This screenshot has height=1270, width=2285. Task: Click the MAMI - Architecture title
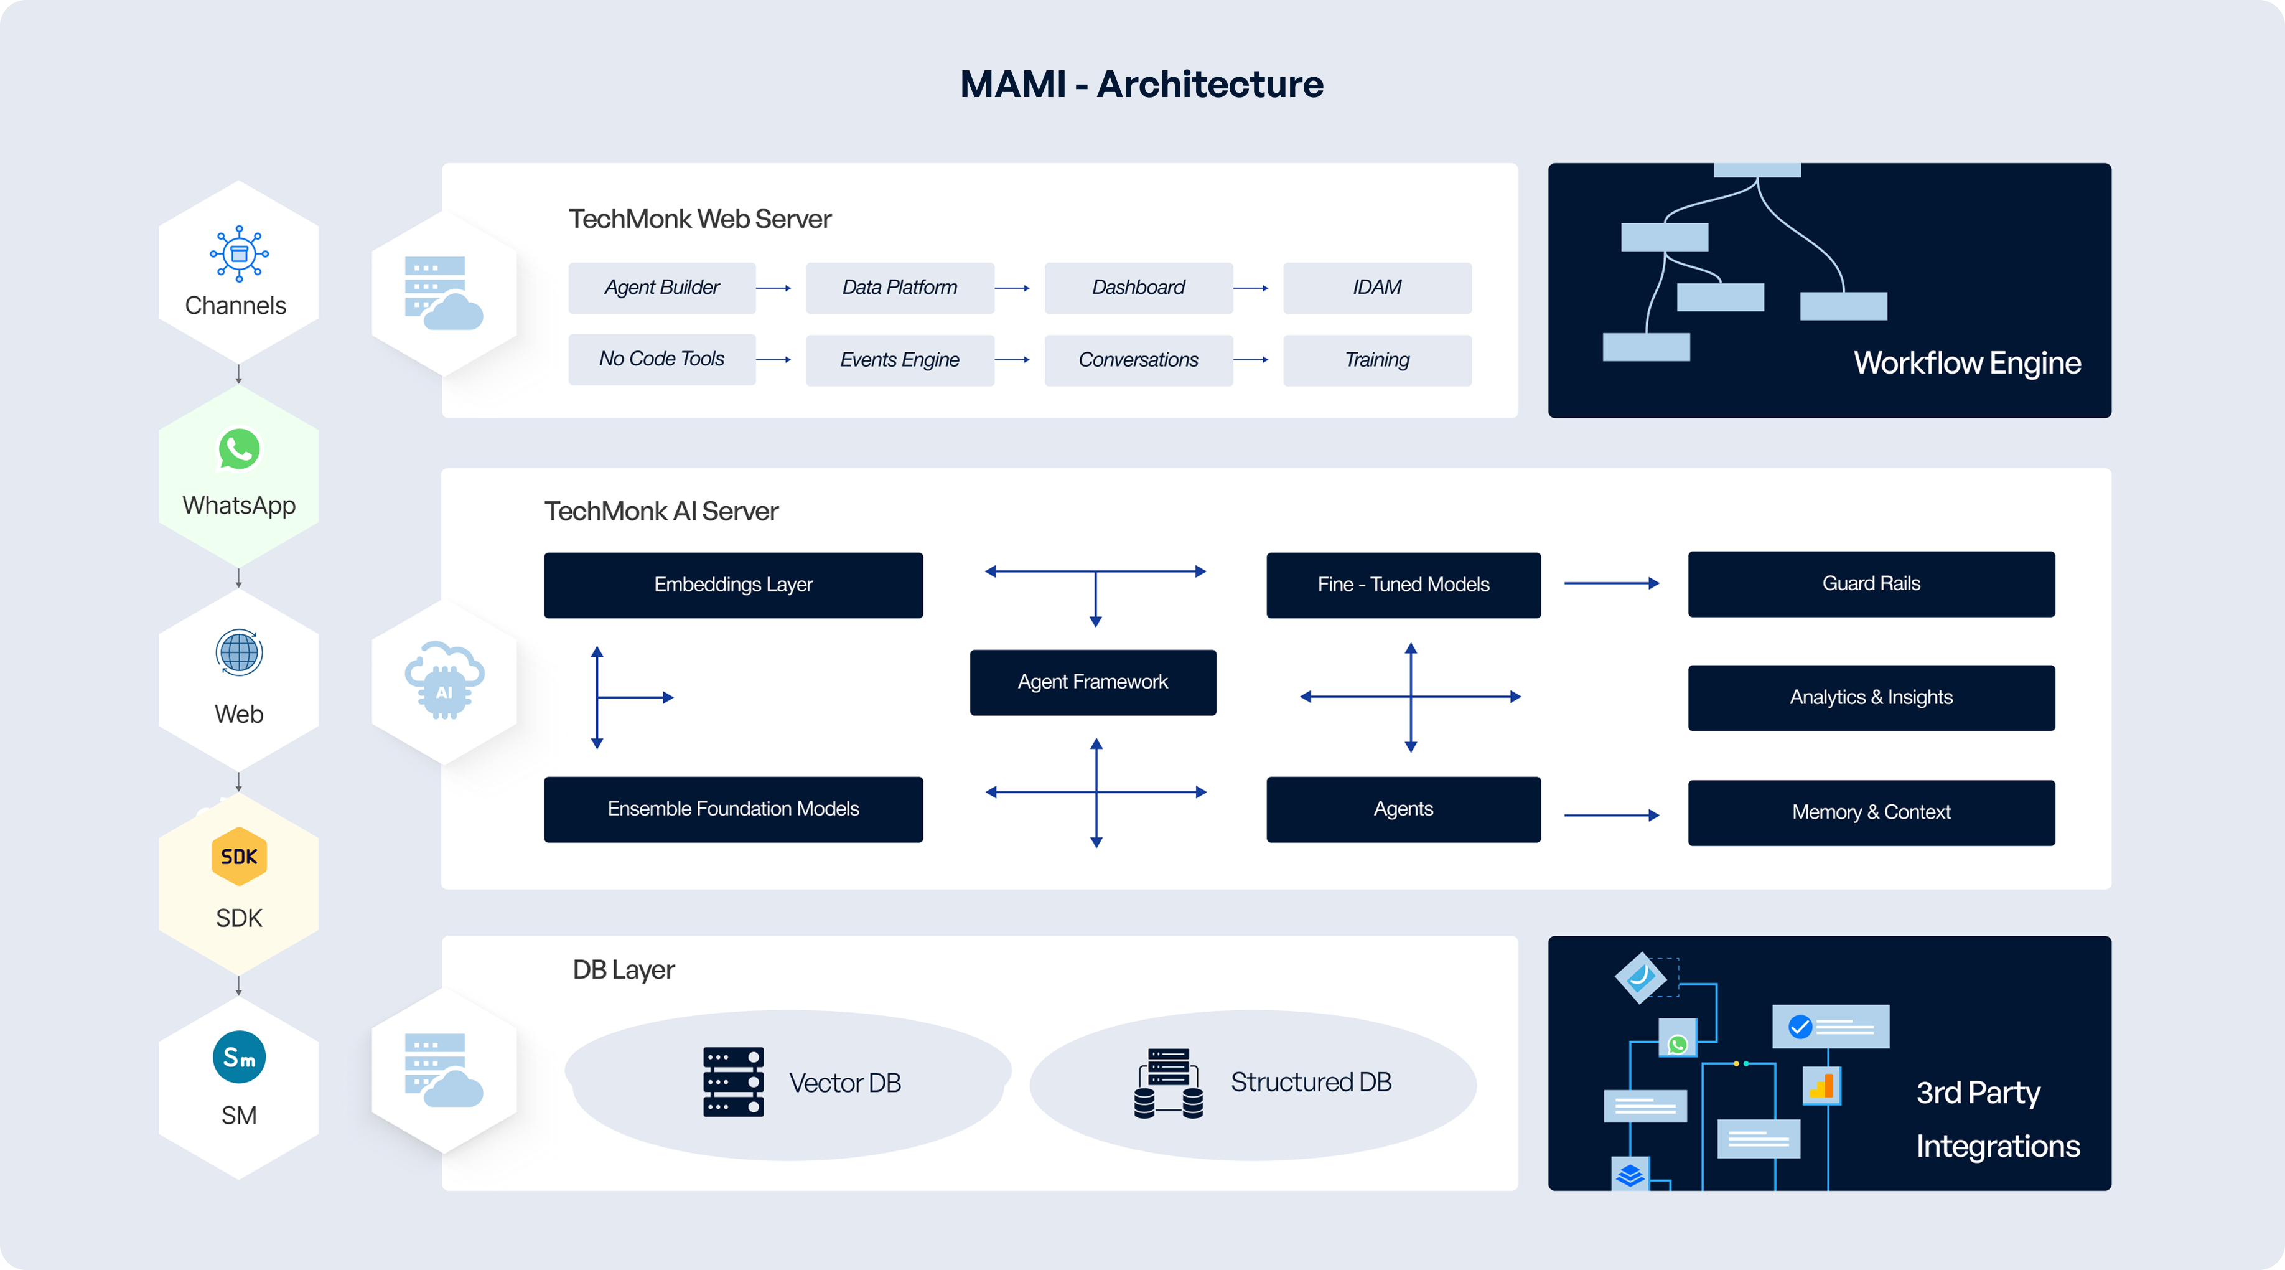pos(1142,84)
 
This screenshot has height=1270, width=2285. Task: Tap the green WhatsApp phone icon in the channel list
pos(238,449)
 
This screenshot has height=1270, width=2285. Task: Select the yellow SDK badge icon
pos(238,857)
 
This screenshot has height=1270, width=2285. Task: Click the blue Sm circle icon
pos(238,1057)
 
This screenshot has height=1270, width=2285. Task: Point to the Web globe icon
pos(238,653)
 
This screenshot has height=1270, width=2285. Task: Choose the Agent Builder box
pos(661,288)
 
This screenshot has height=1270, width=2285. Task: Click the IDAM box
pos(1376,288)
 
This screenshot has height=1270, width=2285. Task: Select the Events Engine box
pos(899,359)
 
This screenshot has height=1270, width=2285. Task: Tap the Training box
pos(1376,359)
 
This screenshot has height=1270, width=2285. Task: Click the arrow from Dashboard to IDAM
pos(1251,288)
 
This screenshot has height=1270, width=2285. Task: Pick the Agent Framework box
pos(1093,682)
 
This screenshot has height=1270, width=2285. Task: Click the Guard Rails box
pos(1871,584)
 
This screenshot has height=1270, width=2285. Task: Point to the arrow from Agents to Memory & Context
pos(1611,815)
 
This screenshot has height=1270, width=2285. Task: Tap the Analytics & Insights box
pos(1871,698)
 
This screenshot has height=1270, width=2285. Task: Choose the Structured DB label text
pos(1310,1082)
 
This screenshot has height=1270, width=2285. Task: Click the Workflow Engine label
pos(1966,363)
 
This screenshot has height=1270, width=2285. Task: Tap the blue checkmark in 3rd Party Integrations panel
pos(1800,1027)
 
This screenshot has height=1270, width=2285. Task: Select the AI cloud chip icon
pos(444,680)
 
